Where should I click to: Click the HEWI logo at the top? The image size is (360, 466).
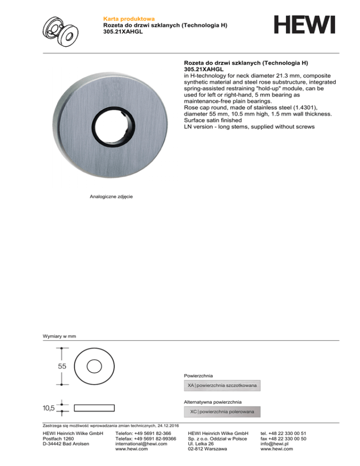(x=305, y=24)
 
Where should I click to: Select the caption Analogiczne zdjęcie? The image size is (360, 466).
(x=111, y=197)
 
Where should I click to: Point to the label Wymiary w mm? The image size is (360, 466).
(x=60, y=336)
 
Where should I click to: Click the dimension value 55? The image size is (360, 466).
(x=62, y=366)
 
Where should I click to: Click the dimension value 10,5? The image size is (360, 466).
(x=48, y=408)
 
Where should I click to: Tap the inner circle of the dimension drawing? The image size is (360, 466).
(x=95, y=366)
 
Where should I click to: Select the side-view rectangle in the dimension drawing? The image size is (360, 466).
(x=94, y=408)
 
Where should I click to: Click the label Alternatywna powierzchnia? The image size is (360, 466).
(x=213, y=402)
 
